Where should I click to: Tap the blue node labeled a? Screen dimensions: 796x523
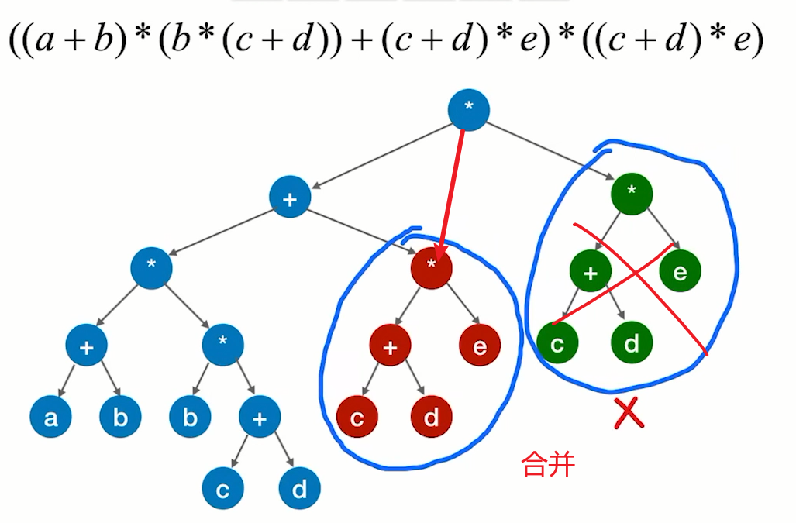pyautogui.click(x=50, y=418)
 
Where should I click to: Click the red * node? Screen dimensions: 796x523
pyautogui.click(x=431, y=268)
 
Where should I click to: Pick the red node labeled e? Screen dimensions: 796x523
pyautogui.click(x=480, y=346)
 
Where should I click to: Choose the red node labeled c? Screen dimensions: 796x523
pyautogui.click(x=357, y=418)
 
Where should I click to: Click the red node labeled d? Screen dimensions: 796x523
pyautogui.click(x=431, y=418)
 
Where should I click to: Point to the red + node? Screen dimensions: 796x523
pyautogui.click(x=390, y=346)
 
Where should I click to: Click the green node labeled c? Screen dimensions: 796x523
pyautogui.click(x=557, y=342)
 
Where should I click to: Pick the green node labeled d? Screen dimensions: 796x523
pyautogui.click(x=632, y=342)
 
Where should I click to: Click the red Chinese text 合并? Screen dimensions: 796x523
pyautogui.click(x=548, y=465)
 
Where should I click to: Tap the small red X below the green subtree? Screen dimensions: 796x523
pyautogui.click(x=628, y=415)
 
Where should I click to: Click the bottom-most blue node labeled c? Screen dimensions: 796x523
pyautogui.click(x=223, y=490)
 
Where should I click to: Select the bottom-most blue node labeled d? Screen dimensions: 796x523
pyautogui.click(x=300, y=490)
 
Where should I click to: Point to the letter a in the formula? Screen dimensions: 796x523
pyautogui.click(x=47, y=41)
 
